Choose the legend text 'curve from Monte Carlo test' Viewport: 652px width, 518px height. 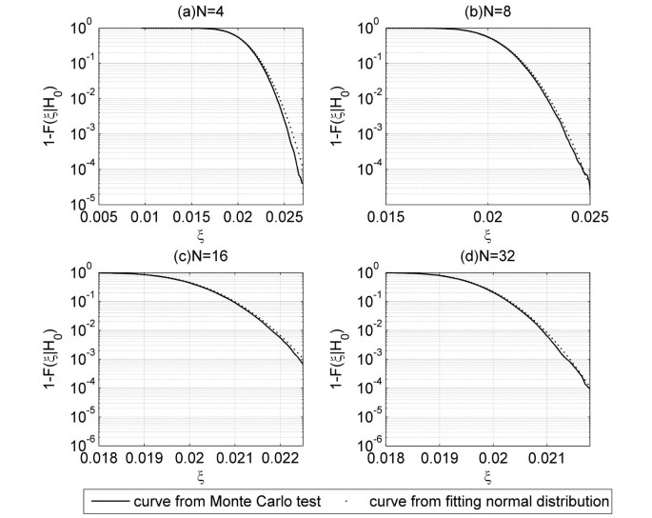click(x=207, y=500)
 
